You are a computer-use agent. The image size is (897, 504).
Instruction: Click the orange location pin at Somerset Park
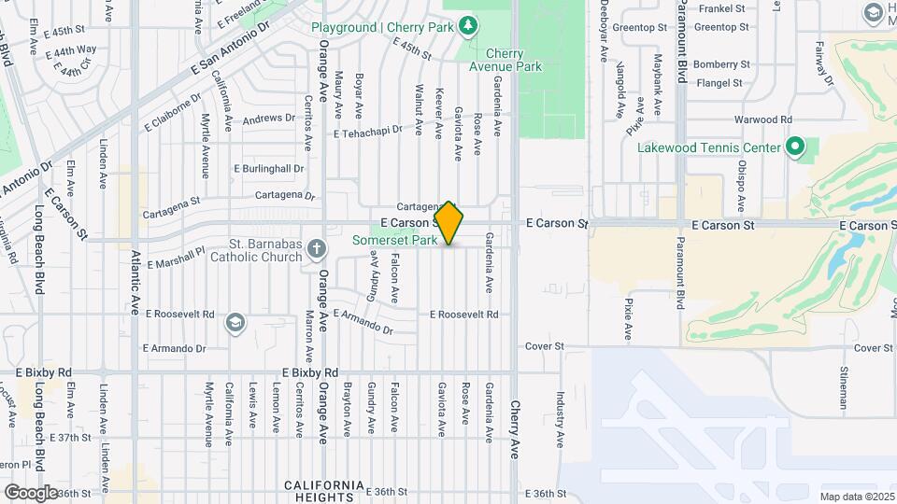pos(448,223)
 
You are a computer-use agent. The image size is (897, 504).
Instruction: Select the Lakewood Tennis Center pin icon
pos(795,147)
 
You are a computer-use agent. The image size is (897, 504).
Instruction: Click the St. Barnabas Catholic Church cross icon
pos(317,248)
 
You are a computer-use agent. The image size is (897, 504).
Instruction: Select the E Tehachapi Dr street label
pos(367,133)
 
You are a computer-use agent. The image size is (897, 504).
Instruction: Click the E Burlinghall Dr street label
pos(268,169)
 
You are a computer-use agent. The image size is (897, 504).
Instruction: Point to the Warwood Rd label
pos(762,119)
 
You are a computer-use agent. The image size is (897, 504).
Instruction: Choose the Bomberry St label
pos(717,64)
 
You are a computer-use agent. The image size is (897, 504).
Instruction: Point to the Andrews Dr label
pos(268,119)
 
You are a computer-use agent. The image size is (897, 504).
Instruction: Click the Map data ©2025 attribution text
pos(857,497)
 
